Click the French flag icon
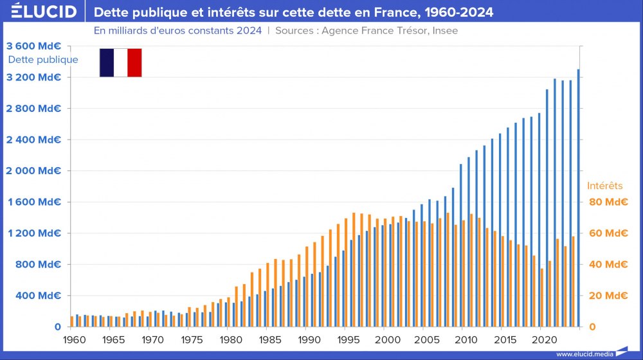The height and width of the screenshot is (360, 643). tap(120, 62)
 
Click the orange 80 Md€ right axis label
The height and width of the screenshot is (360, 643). tap(608, 202)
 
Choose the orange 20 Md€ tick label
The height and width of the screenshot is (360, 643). tap(608, 296)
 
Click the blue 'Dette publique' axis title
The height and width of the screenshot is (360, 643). tap(43, 60)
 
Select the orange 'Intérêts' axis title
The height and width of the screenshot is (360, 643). tap(605, 186)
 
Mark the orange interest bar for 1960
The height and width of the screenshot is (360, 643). tap(71, 321)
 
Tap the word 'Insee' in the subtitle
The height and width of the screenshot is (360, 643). tap(445, 31)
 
